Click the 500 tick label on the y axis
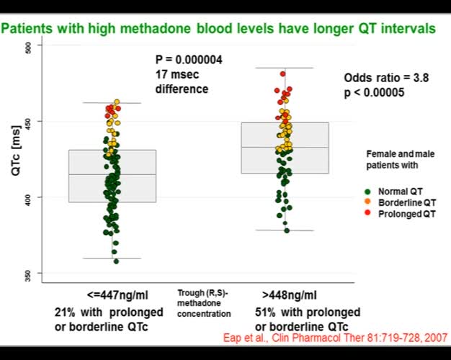(27, 46)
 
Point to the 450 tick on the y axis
(27, 122)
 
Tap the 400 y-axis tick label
(27, 197)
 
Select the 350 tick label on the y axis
(27, 273)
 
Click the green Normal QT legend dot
(367, 192)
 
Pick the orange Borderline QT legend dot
(367, 203)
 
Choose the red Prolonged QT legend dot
(367, 215)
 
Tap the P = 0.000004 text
(189, 60)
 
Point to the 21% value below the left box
(68, 312)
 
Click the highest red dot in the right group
(283, 74)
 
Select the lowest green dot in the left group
(116, 261)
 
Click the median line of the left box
(112, 174)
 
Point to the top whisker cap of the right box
(285, 68)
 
